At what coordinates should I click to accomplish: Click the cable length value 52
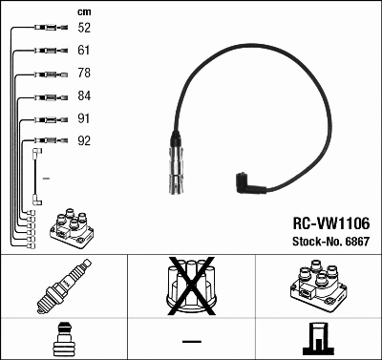(x=84, y=29)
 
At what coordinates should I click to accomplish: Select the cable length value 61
(x=84, y=50)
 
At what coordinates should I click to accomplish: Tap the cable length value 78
(x=84, y=74)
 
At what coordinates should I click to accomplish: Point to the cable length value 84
(x=84, y=96)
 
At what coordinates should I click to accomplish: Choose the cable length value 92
(x=84, y=141)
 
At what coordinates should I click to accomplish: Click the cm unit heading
(x=83, y=11)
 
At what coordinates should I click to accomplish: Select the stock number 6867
(x=357, y=243)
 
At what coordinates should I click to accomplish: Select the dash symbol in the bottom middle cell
(x=191, y=341)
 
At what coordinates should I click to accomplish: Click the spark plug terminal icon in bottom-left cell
(x=62, y=339)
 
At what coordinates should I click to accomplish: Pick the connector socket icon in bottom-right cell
(x=318, y=339)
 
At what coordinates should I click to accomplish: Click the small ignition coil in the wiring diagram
(x=72, y=230)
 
